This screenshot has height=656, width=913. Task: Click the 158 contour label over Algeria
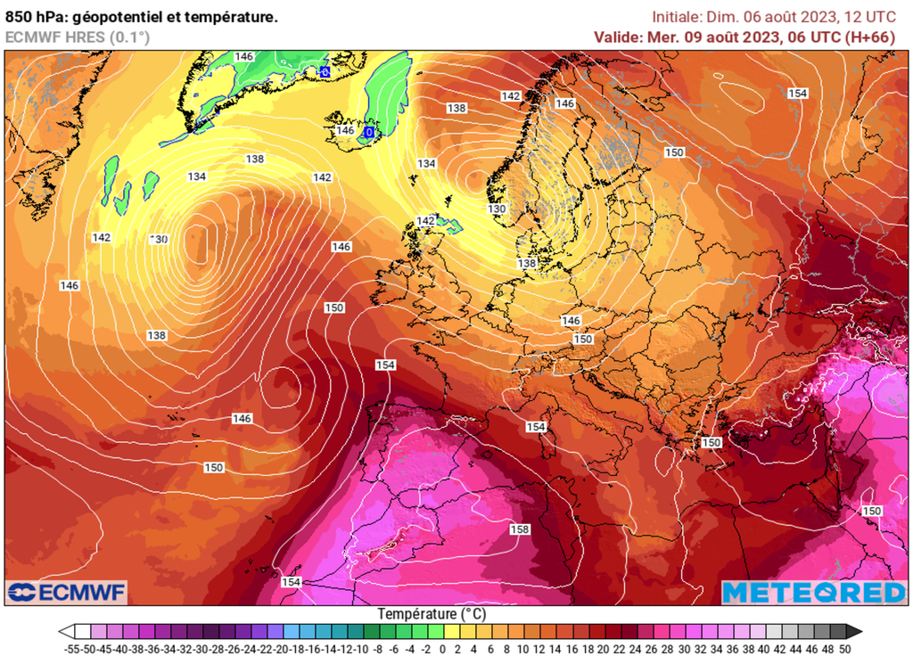click(519, 529)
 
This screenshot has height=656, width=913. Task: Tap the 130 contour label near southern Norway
click(497, 209)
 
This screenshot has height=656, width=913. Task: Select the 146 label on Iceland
click(345, 130)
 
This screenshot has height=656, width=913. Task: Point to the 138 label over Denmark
click(527, 264)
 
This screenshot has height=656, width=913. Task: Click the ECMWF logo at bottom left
click(67, 592)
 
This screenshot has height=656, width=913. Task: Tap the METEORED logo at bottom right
click(813, 592)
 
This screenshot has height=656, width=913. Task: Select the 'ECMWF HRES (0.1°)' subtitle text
click(78, 37)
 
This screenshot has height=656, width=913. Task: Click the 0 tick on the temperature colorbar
click(442, 648)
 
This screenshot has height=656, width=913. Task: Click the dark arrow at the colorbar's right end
click(854, 631)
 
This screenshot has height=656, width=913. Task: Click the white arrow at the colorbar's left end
click(65, 631)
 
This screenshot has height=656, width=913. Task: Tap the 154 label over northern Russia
click(797, 94)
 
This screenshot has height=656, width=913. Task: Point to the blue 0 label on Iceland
click(368, 132)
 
